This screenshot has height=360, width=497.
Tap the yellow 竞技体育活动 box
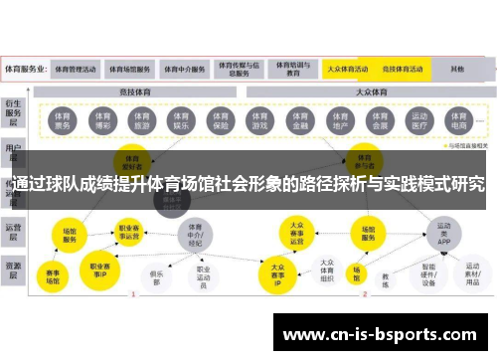click(x=405, y=70)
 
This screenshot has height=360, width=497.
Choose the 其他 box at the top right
click(x=457, y=70)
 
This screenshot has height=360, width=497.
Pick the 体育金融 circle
click(x=300, y=121)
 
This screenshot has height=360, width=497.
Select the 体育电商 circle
click(x=457, y=121)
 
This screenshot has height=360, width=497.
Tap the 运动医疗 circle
click(x=418, y=121)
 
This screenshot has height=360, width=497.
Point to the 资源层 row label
click(x=14, y=267)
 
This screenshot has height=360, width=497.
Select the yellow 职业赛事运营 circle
click(x=129, y=231)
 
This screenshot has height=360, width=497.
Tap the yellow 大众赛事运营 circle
click(x=295, y=231)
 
